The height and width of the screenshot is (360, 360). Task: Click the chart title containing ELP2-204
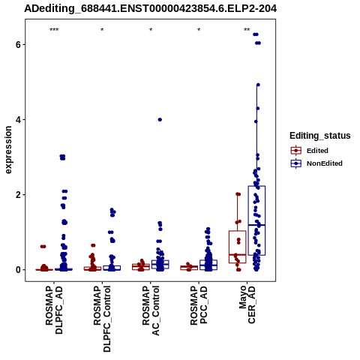tap(150, 8)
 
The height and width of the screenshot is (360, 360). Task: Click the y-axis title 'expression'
tap(8, 150)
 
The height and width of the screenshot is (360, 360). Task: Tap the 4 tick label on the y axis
tap(18, 119)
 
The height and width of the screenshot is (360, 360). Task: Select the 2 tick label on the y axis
tap(18, 194)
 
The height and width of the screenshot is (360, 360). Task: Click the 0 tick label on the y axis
tap(18, 270)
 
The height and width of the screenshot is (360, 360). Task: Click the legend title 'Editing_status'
tap(320, 136)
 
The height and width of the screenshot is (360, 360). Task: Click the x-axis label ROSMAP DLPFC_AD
tap(54, 310)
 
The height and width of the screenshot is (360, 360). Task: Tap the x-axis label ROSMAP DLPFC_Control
tap(102, 319)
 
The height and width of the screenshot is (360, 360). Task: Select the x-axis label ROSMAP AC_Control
tap(151, 310)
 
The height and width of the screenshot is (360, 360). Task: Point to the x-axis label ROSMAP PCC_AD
tap(199, 305)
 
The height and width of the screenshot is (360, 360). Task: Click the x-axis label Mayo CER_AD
tap(247, 304)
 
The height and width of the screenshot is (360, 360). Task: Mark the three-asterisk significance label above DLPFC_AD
tap(54, 30)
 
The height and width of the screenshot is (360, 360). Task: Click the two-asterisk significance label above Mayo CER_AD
tap(247, 30)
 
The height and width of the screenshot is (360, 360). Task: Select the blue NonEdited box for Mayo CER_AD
tap(256, 220)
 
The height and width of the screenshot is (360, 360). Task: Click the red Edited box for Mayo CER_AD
tap(238, 247)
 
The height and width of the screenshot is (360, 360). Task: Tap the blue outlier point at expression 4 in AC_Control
tap(160, 119)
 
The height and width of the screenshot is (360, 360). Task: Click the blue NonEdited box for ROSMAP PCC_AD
tap(208, 265)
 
